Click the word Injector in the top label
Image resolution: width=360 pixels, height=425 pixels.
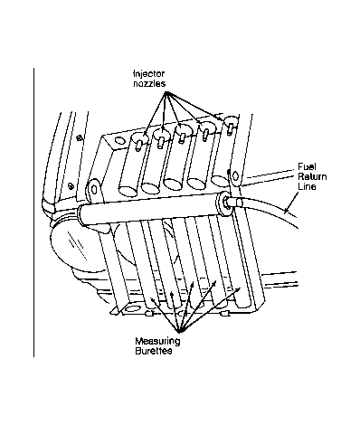point(149,74)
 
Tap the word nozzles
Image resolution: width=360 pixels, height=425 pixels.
point(149,83)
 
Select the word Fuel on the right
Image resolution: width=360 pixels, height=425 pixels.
point(307,166)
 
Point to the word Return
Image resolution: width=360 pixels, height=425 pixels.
point(312,176)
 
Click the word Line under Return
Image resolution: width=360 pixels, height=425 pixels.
point(307,186)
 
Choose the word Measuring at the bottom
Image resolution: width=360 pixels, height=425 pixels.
point(157,341)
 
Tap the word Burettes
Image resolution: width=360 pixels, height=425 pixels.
point(154,351)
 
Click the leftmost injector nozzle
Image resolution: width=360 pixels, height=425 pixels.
point(139,146)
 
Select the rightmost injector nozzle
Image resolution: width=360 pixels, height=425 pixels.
point(230,128)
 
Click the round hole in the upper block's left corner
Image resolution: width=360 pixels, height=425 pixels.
point(119,141)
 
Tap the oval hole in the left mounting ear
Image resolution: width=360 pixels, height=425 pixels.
point(94,189)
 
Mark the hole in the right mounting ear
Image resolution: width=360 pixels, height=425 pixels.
point(235,176)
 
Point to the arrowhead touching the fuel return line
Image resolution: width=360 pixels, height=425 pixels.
point(287,210)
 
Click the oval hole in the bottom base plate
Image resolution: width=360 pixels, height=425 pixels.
point(132,309)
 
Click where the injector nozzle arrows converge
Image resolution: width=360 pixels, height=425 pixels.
point(166,93)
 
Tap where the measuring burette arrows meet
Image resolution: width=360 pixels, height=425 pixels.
point(180,330)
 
